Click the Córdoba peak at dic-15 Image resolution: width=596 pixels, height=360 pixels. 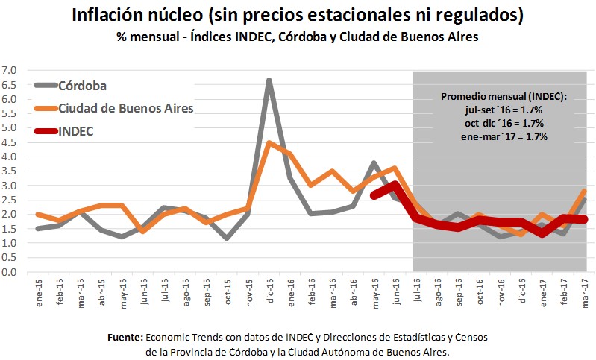[269, 80]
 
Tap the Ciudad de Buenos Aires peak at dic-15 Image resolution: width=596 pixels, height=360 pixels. [269, 143]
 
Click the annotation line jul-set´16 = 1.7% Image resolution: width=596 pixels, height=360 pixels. [504, 110]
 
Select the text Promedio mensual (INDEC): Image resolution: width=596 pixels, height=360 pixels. [504, 97]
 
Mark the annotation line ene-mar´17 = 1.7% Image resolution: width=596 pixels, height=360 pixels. [504, 136]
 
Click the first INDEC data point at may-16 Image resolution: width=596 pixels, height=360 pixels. [374, 195]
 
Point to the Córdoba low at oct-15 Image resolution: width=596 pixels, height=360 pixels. [226, 239]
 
